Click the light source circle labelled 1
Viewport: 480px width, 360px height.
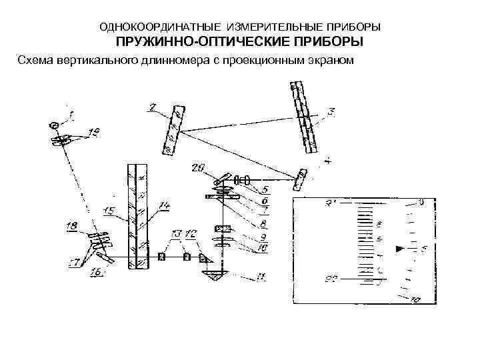click(54, 124)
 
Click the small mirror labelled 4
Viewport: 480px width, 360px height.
click(303, 179)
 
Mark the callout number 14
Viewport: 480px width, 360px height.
click(165, 205)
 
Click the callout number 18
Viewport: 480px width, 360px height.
click(73, 227)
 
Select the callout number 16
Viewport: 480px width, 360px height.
click(96, 272)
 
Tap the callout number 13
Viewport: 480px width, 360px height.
click(175, 234)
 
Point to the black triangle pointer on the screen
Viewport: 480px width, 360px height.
click(399, 249)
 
